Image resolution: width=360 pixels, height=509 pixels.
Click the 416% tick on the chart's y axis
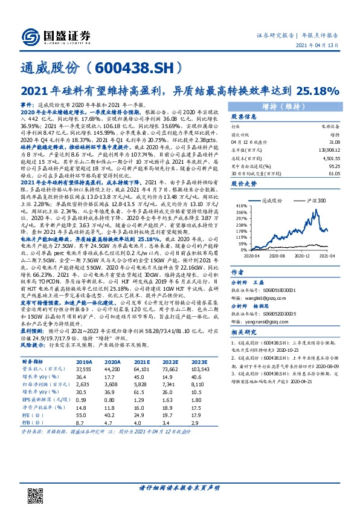click(240, 206)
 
